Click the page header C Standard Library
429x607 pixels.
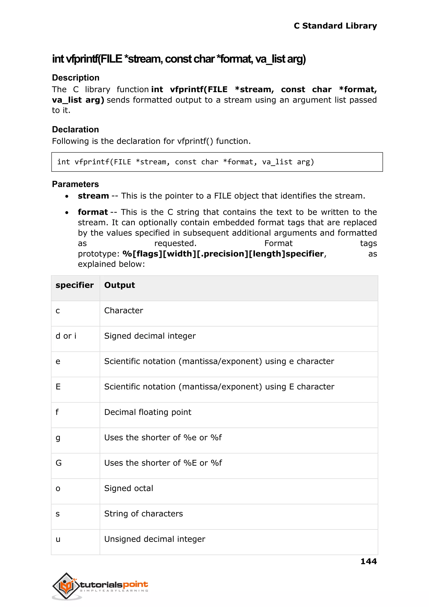pyautogui.click(x=335, y=26)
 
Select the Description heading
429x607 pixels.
pyautogui.click(x=76, y=78)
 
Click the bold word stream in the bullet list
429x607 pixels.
pyautogui.click(x=93, y=196)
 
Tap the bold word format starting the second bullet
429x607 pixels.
pyautogui.click(x=93, y=212)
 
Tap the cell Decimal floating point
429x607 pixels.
pyautogui.click(x=148, y=412)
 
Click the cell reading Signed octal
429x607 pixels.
pyautogui.click(x=129, y=488)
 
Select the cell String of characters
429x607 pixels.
pyautogui.click(x=143, y=514)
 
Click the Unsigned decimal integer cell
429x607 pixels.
pyautogui.click(x=155, y=539)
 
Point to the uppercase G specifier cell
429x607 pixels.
pyautogui.click(x=59, y=463)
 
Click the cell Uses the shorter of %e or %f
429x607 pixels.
pyautogui.click(x=163, y=438)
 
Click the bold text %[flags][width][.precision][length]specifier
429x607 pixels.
pyautogui.click(x=223, y=254)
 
